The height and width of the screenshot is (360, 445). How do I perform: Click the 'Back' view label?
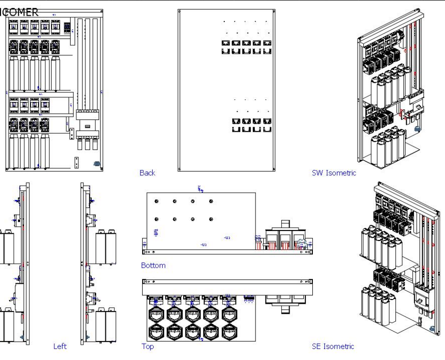[147, 173]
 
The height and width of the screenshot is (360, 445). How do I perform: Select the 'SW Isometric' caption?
[334, 173]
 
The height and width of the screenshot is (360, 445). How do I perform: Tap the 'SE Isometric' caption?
[333, 346]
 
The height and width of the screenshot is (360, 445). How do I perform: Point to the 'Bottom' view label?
[153, 265]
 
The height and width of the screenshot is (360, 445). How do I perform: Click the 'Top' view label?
[147, 346]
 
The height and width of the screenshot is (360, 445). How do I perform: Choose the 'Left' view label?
[60, 346]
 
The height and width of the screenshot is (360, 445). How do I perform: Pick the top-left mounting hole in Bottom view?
[156, 202]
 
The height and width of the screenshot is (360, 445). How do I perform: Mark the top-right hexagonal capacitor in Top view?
[228, 315]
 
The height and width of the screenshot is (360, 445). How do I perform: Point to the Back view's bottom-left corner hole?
[180, 169]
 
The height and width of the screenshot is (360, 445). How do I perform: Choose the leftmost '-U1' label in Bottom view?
[203, 245]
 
